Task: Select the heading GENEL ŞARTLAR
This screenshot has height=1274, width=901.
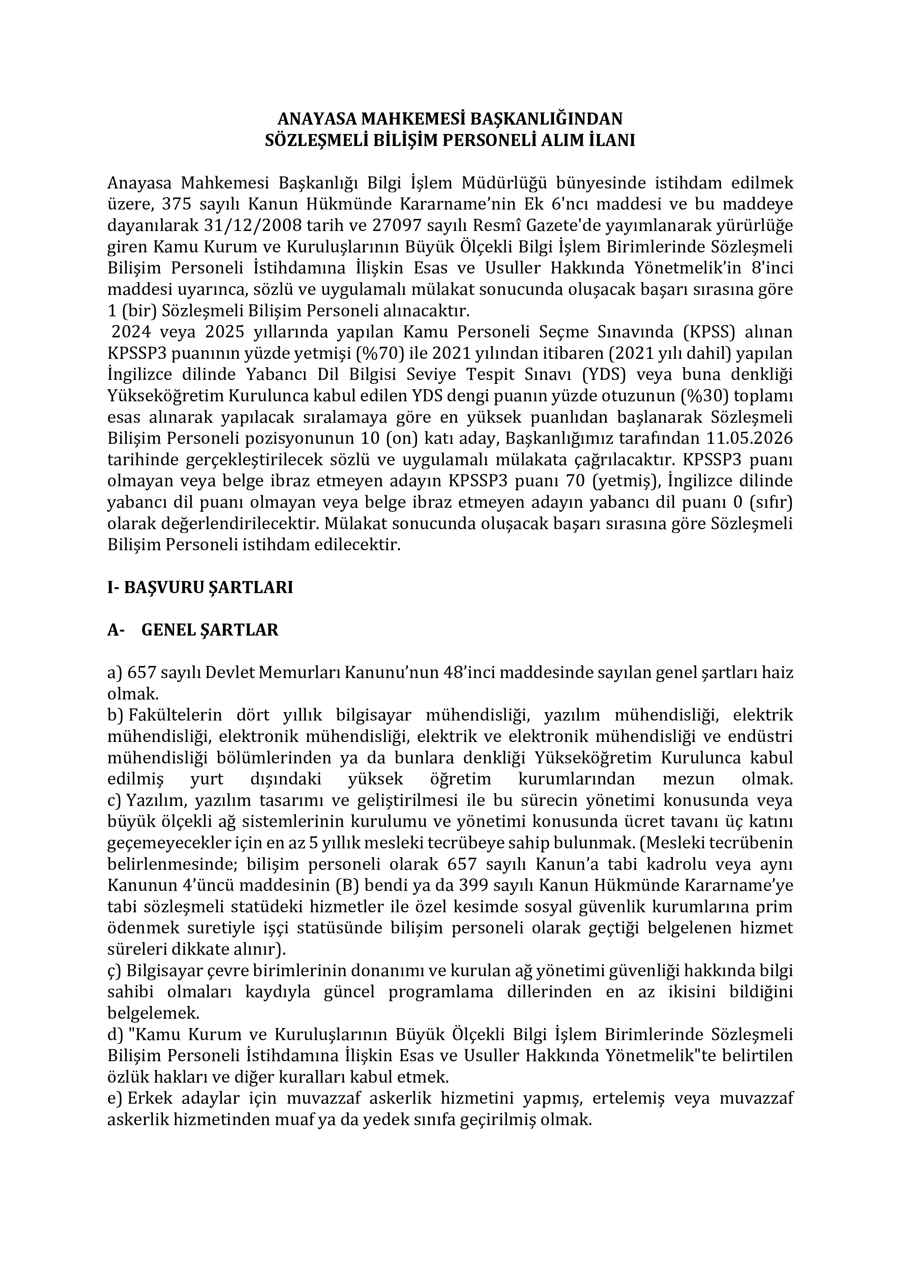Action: click(x=210, y=630)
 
